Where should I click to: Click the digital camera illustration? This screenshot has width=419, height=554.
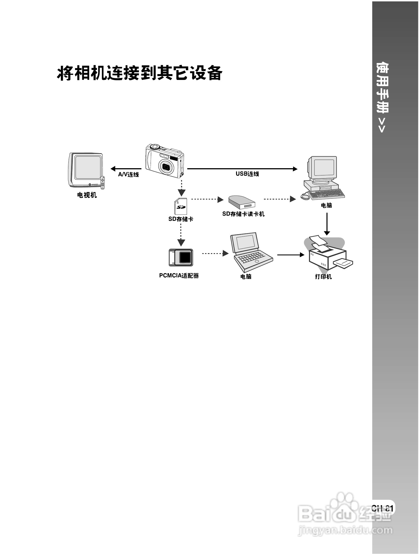click(164, 161)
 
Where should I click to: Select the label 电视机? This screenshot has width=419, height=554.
click(87, 195)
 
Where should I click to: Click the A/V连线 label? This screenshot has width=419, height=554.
click(128, 175)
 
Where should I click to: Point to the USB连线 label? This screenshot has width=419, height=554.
click(247, 174)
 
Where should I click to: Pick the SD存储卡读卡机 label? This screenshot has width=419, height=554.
click(243, 214)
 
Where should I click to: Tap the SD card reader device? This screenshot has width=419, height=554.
click(241, 202)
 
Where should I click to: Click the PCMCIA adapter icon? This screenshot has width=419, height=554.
click(181, 258)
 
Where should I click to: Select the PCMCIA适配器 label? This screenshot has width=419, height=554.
click(179, 276)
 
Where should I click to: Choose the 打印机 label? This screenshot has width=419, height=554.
click(323, 277)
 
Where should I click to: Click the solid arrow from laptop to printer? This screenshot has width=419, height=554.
click(291, 255)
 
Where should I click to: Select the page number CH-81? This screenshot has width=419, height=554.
click(382, 508)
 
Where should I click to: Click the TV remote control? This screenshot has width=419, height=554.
click(103, 183)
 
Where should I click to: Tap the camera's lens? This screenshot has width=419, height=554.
click(166, 167)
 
